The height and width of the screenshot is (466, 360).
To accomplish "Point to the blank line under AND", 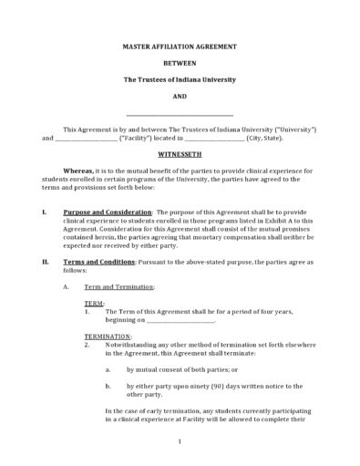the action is click(x=180, y=116).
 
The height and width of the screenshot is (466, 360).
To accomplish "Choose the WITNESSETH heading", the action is click(x=180, y=155).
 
